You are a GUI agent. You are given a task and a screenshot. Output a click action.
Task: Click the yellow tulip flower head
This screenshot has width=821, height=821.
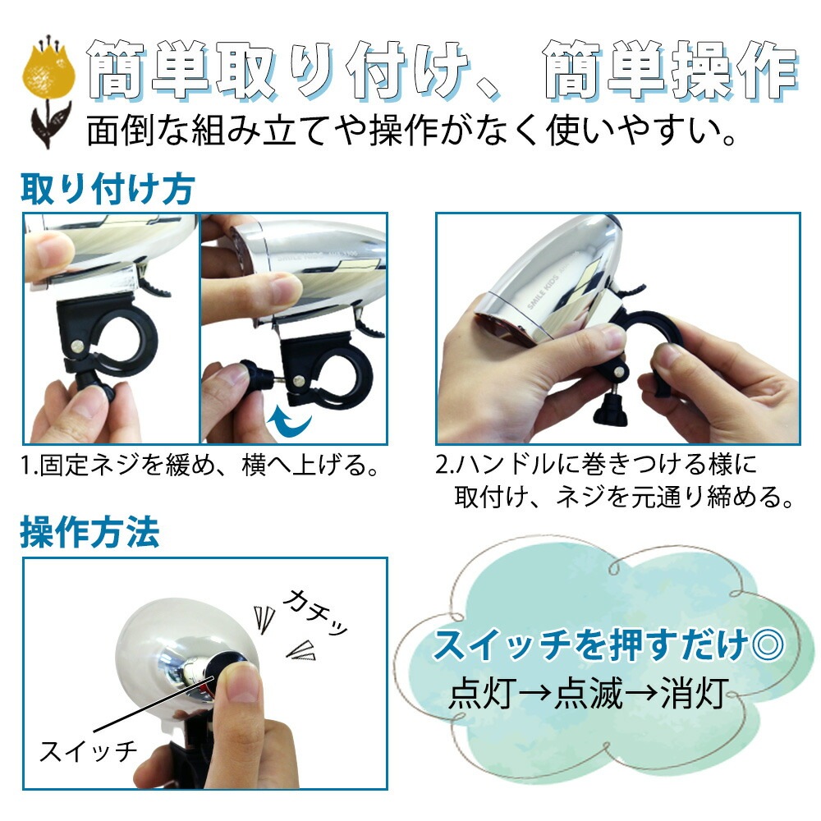click(48, 71)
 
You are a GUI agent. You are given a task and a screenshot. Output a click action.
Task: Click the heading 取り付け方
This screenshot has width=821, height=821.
click(108, 189)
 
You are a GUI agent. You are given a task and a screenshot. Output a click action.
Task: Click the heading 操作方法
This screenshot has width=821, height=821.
click(90, 532)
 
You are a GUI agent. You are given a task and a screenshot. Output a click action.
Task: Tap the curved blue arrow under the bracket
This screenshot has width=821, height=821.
click(290, 420)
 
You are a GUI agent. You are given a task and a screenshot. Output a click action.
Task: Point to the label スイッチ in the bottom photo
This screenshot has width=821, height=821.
click(89, 751)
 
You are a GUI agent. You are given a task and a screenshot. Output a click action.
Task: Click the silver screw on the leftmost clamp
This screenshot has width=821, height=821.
click(78, 346)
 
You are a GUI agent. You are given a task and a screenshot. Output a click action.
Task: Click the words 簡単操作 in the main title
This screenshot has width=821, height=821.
click(671, 70)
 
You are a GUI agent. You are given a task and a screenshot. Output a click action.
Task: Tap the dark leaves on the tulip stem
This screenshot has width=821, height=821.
click(50, 124)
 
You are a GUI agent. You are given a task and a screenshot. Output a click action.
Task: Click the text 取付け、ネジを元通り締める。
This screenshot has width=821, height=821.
click(624, 497)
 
